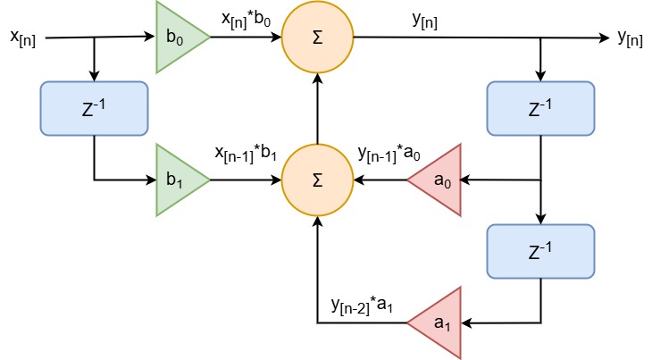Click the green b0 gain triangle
178,38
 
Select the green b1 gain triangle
178,180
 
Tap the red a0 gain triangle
439,180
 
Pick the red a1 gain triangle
439,322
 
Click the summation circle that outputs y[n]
318,38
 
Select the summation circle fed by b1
318,180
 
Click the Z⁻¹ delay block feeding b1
94,109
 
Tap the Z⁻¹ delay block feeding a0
540,109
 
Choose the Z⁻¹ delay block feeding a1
540,251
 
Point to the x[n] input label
22,38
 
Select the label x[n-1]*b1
247,154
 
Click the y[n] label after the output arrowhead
631,38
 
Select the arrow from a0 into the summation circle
380,180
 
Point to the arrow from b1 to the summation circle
246,180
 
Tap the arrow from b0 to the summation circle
246,38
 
